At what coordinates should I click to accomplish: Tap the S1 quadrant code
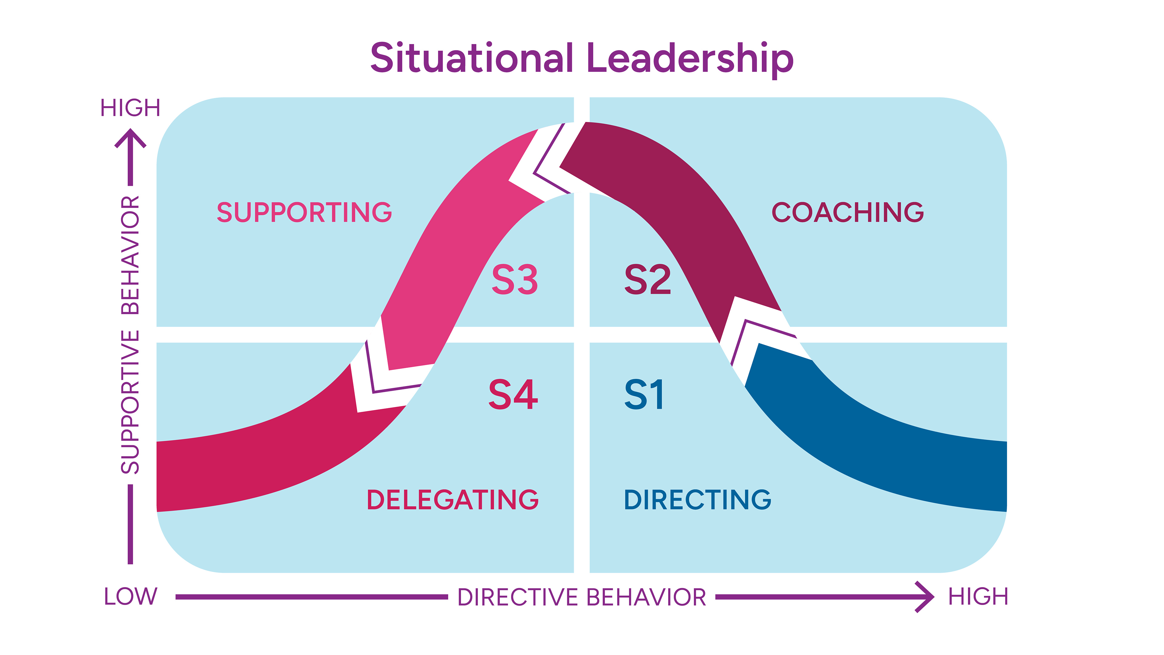point(644,395)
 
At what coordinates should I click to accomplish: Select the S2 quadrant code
point(647,280)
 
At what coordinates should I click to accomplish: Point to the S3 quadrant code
point(515,280)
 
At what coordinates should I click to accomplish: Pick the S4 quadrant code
point(513,395)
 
